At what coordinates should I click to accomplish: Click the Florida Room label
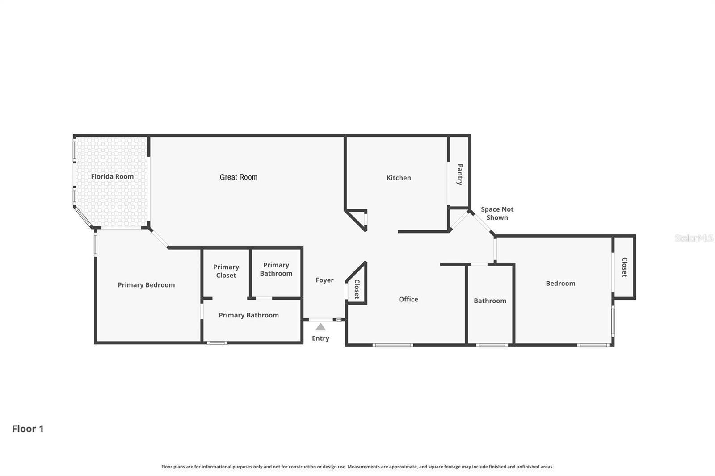click(112, 176)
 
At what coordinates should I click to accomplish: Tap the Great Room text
click(238, 177)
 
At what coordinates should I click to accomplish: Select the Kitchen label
click(399, 178)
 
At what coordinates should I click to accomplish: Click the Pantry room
click(459, 175)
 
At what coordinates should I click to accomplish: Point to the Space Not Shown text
click(497, 213)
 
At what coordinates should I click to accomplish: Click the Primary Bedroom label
click(146, 285)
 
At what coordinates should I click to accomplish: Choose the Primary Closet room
click(226, 271)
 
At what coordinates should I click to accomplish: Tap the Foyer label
click(324, 280)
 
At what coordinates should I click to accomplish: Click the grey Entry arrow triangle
click(320, 327)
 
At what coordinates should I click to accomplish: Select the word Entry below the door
click(320, 338)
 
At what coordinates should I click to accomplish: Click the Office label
click(408, 299)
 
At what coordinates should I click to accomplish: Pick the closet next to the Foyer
click(357, 288)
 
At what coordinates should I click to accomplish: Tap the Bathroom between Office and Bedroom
click(490, 301)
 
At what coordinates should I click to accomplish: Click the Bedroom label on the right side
click(560, 283)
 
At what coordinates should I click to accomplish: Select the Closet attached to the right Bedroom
click(624, 267)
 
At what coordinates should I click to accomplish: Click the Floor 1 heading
click(28, 429)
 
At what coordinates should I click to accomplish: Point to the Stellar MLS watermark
click(694, 238)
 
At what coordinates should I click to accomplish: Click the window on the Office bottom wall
click(392, 345)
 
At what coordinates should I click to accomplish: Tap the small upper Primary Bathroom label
click(276, 269)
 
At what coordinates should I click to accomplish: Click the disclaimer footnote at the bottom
click(357, 467)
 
